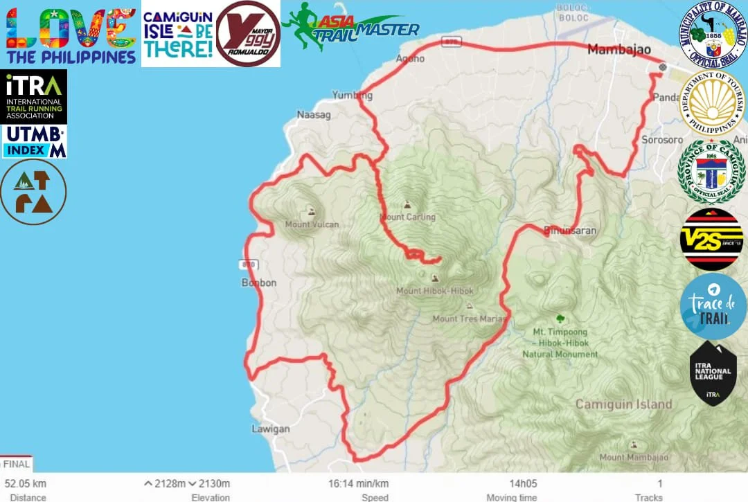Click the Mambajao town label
click(x=618, y=49)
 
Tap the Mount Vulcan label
click(x=312, y=224)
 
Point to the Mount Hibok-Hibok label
click(x=434, y=291)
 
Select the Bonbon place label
click(x=259, y=283)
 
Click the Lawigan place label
click(x=270, y=429)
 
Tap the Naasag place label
click(x=311, y=114)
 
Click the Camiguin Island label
click(x=623, y=404)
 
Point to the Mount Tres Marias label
click(x=469, y=319)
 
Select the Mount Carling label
click(x=407, y=217)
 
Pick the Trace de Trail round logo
click(x=713, y=305)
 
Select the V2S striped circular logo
click(x=711, y=239)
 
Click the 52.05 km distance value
click(x=25, y=483)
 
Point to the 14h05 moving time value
click(x=522, y=483)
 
